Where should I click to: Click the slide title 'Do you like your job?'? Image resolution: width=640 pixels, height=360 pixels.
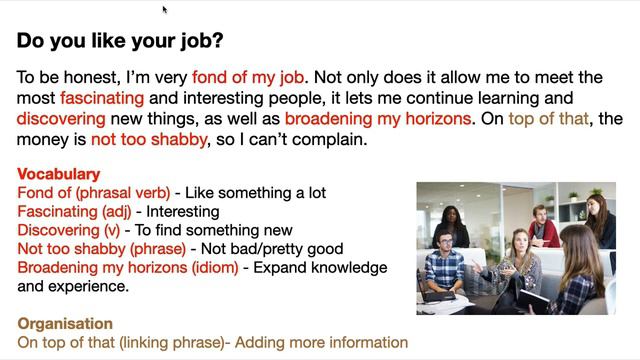coord(120,41)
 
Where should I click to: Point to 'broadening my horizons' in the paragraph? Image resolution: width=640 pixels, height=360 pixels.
coord(378,120)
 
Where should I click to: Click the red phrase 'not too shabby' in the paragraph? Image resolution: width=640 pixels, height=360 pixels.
coord(149,141)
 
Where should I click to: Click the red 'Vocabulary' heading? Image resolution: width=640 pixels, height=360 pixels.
coord(59,174)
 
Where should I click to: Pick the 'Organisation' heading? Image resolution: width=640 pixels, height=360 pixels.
coord(65,324)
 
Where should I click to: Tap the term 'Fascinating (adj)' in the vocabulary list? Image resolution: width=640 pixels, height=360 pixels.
coord(77,211)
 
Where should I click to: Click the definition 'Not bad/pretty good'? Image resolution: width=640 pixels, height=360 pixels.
coord(273,249)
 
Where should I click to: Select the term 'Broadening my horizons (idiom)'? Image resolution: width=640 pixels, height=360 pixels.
coord(128,267)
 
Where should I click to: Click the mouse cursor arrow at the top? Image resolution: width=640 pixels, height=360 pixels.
coord(165,10)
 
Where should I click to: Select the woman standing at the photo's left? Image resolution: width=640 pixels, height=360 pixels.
coord(453,225)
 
